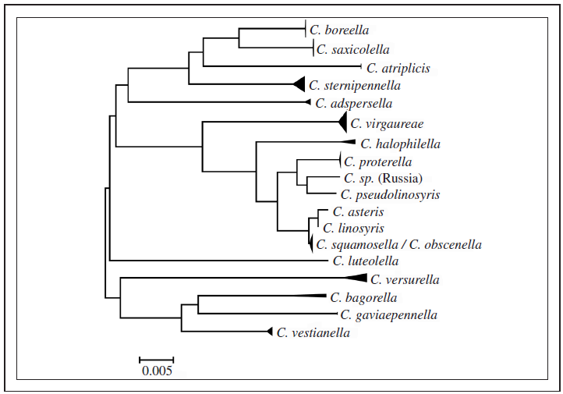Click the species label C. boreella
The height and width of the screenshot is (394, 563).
336,30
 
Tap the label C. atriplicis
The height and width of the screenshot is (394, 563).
398,68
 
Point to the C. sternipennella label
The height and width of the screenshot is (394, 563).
354,85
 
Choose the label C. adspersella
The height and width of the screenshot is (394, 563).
353,103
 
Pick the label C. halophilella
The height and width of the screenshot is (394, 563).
400,144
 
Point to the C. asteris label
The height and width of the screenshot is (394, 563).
358,211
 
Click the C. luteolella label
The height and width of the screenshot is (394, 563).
365,261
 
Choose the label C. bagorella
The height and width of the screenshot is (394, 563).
363,297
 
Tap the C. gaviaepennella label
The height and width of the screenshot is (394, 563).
388,314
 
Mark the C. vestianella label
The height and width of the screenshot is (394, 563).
313,332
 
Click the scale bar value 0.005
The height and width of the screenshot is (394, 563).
157,371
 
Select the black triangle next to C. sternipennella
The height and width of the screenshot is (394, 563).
299,84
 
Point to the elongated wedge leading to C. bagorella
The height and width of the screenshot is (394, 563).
296,296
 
